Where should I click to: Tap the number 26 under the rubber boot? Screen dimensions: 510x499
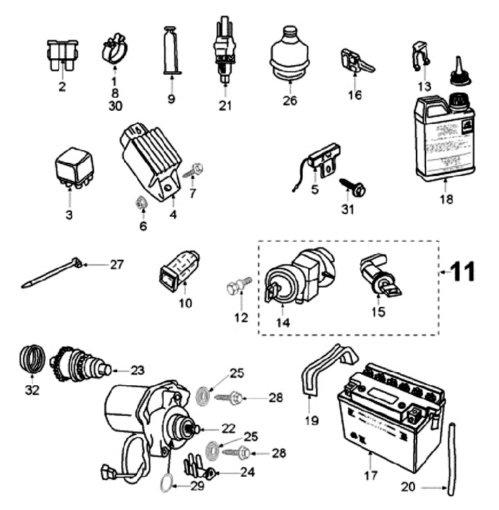click(290, 100)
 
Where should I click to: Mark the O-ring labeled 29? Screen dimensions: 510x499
click(161, 483)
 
